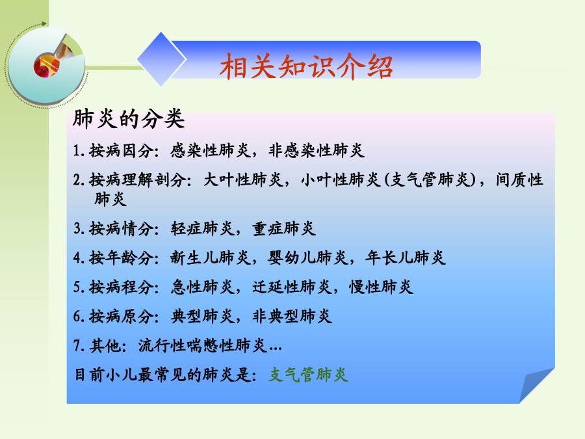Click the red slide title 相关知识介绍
point(306,66)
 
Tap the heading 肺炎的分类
point(129,119)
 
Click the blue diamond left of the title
point(162,59)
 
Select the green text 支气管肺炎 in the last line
point(309,375)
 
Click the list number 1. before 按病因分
point(79,151)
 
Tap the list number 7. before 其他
point(79,346)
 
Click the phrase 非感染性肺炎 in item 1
point(317,150)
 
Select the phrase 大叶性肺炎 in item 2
point(244,180)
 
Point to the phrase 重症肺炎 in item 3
point(284,228)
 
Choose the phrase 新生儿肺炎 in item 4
point(211,258)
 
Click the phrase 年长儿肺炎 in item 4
point(406,258)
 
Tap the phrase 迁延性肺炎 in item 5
point(292,287)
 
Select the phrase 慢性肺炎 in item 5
point(382,287)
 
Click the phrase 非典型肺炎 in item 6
point(292,316)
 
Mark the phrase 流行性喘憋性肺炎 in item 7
point(203,346)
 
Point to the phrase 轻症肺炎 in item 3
point(203,228)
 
